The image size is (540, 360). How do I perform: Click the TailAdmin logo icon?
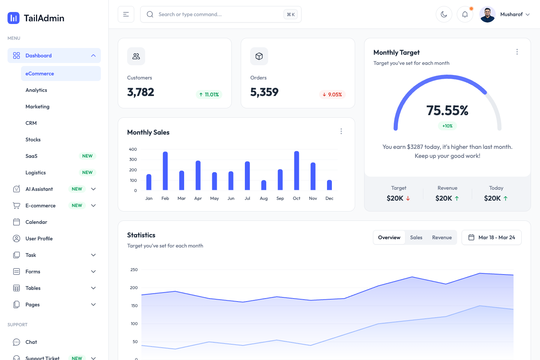[13, 18]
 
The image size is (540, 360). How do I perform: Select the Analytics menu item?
[36, 90]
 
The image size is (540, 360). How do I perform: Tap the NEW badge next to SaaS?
[87, 156]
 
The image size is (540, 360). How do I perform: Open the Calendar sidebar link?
[36, 222]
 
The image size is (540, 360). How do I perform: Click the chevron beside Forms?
[93, 271]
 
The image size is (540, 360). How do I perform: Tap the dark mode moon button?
[444, 14]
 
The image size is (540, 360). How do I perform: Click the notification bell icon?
[465, 14]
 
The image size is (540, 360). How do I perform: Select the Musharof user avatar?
[487, 15]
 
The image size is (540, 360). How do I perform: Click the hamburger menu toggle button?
[126, 14]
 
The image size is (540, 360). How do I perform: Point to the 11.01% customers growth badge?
[209, 94]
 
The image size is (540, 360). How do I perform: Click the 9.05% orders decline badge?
[332, 94]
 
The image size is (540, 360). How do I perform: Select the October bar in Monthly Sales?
[297, 171]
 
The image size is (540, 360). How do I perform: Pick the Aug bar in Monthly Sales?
[264, 185]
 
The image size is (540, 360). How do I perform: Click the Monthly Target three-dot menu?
[517, 52]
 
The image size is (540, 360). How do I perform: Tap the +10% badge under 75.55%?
[447, 126]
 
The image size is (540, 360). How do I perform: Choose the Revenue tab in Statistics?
[442, 237]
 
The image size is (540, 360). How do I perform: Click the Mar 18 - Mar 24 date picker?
[492, 237]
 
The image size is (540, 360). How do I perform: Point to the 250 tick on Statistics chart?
[134, 270]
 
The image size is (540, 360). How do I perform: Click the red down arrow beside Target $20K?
[408, 198]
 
